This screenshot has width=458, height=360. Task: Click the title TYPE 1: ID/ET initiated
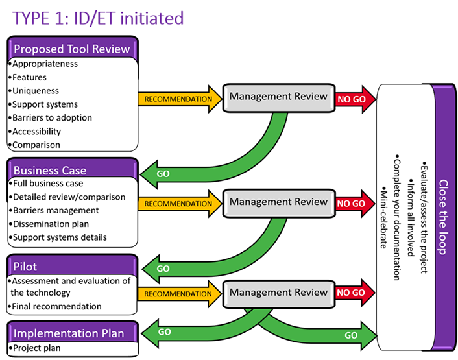point(98,18)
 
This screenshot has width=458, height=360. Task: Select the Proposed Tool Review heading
point(72,49)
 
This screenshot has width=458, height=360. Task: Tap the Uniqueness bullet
point(34,91)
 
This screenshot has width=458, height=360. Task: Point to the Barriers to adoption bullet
point(50,117)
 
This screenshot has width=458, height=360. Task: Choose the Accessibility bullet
point(34,132)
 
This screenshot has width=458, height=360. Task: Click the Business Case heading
point(50,170)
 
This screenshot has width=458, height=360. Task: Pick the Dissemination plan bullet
point(49,224)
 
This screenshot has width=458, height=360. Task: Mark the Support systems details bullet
point(58,237)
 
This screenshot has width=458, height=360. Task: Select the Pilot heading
point(25,267)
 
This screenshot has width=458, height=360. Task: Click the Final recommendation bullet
point(54,306)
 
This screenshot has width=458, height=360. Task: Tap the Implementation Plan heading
point(69,333)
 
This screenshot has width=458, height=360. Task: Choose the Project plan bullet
point(35,348)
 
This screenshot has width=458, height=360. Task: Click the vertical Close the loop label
point(443,217)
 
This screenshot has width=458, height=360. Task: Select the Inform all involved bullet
point(411,217)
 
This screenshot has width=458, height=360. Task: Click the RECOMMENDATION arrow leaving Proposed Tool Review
point(180,99)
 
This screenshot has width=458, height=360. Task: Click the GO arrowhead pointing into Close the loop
point(367,335)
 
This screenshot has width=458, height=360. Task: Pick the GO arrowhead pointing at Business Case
point(151,174)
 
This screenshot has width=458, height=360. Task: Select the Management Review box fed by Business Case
point(279,203)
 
